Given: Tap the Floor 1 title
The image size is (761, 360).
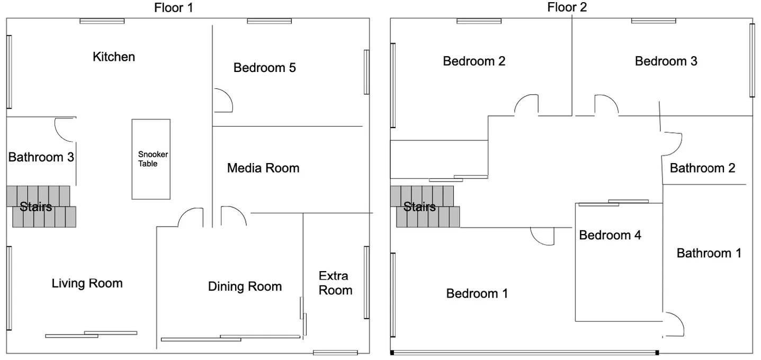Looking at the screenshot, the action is [x=174, y=7].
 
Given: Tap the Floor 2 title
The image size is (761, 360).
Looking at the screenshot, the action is [x=567, y=7].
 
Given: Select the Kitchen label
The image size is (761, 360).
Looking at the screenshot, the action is [x=114, y=57].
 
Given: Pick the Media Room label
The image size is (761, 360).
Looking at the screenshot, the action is [x=263, y=168].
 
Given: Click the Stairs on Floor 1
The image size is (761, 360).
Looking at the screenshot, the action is [x=41, y=206].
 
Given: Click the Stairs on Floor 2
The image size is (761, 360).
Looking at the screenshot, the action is [x=425, y=206].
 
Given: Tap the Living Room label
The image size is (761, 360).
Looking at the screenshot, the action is [x=87, y=283].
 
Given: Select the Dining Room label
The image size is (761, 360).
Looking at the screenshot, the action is [x=245, y=286].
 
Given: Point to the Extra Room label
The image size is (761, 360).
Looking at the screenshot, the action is [x=335, y=283].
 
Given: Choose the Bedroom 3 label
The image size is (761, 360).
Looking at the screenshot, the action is [x=666, y=61].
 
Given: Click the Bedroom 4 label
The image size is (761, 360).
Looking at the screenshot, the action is [x=610, y=235].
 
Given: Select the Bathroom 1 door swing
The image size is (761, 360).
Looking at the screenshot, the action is [x=679, y=319].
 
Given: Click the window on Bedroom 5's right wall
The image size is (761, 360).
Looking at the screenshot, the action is [x=366, y=72].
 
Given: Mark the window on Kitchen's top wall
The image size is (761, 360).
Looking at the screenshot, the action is [x=102, y=21].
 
